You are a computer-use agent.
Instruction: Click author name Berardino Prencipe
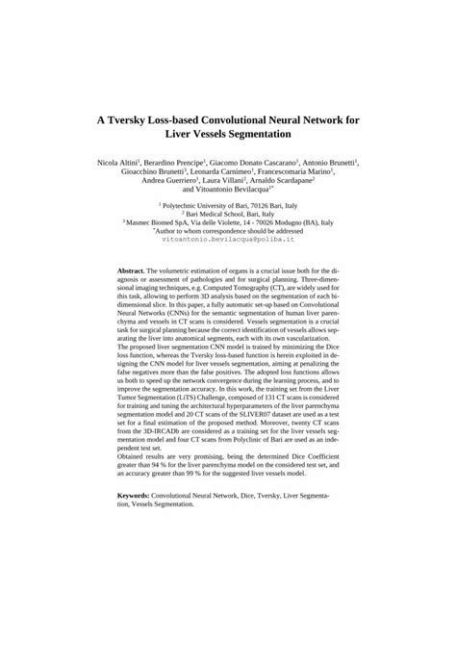[x=180, y=165]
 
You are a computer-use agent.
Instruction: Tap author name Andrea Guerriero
[x=169, y=190]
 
